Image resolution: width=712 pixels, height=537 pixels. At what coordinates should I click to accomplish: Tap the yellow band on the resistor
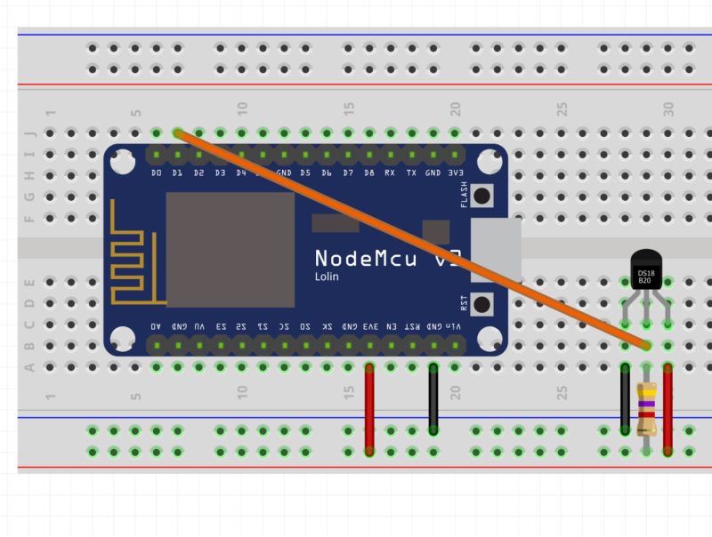point(647,391)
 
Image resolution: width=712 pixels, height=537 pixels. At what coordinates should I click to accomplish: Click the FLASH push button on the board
point(482,195)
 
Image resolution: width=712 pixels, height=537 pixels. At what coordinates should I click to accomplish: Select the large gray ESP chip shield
point(230,251)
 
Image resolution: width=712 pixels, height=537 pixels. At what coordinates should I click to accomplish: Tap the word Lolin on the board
point(327,277)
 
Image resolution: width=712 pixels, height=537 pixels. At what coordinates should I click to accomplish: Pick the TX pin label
point(411,172)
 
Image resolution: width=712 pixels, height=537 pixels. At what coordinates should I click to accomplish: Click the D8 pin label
point(368,172)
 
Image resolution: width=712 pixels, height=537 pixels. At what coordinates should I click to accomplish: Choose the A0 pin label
point(157,327)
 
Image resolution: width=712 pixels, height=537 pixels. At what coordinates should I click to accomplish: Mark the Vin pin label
point(455,327)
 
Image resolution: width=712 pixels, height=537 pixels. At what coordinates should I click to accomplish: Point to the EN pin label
point(391,327)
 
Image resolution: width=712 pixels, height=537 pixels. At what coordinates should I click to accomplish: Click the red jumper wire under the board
point(369,409)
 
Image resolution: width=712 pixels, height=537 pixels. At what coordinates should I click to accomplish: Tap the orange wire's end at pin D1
point(178,133)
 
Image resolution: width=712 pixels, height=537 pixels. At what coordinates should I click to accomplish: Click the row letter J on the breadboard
point(29,133)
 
